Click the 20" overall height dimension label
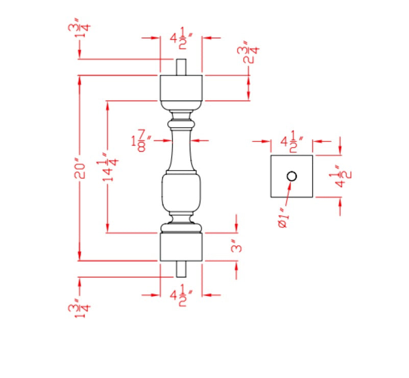pos(79,167)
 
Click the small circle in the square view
pos(292,176)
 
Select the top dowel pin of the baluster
pos(181,67)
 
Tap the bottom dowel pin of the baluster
pos(181,269)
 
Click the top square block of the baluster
pos(181,87)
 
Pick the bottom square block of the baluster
pos(181,247)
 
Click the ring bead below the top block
pos(181,124)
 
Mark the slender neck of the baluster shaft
pos(181,148)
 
